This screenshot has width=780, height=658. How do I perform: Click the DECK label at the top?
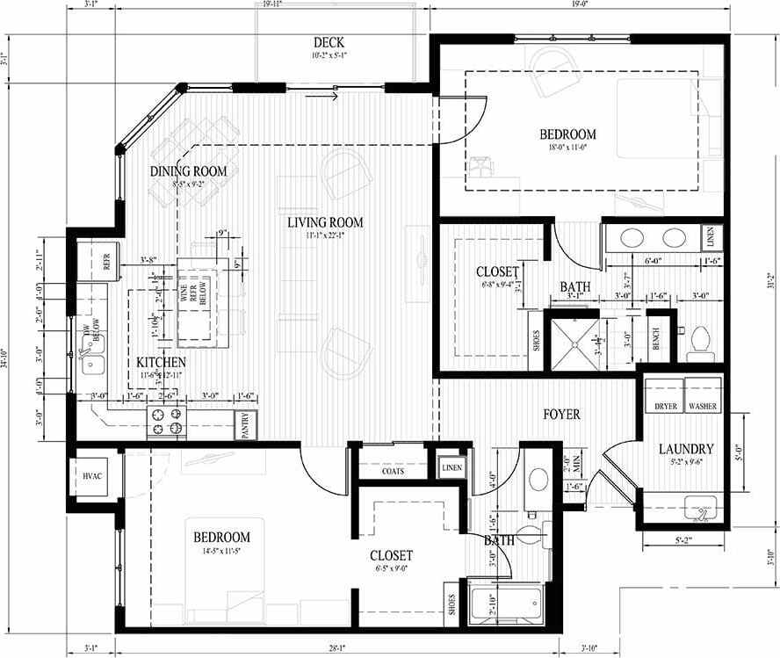pos(329,42)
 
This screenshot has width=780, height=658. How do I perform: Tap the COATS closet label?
pos(393,471)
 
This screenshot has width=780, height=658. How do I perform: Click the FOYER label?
pos(561,414)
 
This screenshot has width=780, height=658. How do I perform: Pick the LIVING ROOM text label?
pos(324,222)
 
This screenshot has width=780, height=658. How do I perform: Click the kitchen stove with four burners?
pos(168,421)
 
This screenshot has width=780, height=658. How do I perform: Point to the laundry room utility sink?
pos(701,506)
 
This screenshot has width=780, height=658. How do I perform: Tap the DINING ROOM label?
pos(188,170)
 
